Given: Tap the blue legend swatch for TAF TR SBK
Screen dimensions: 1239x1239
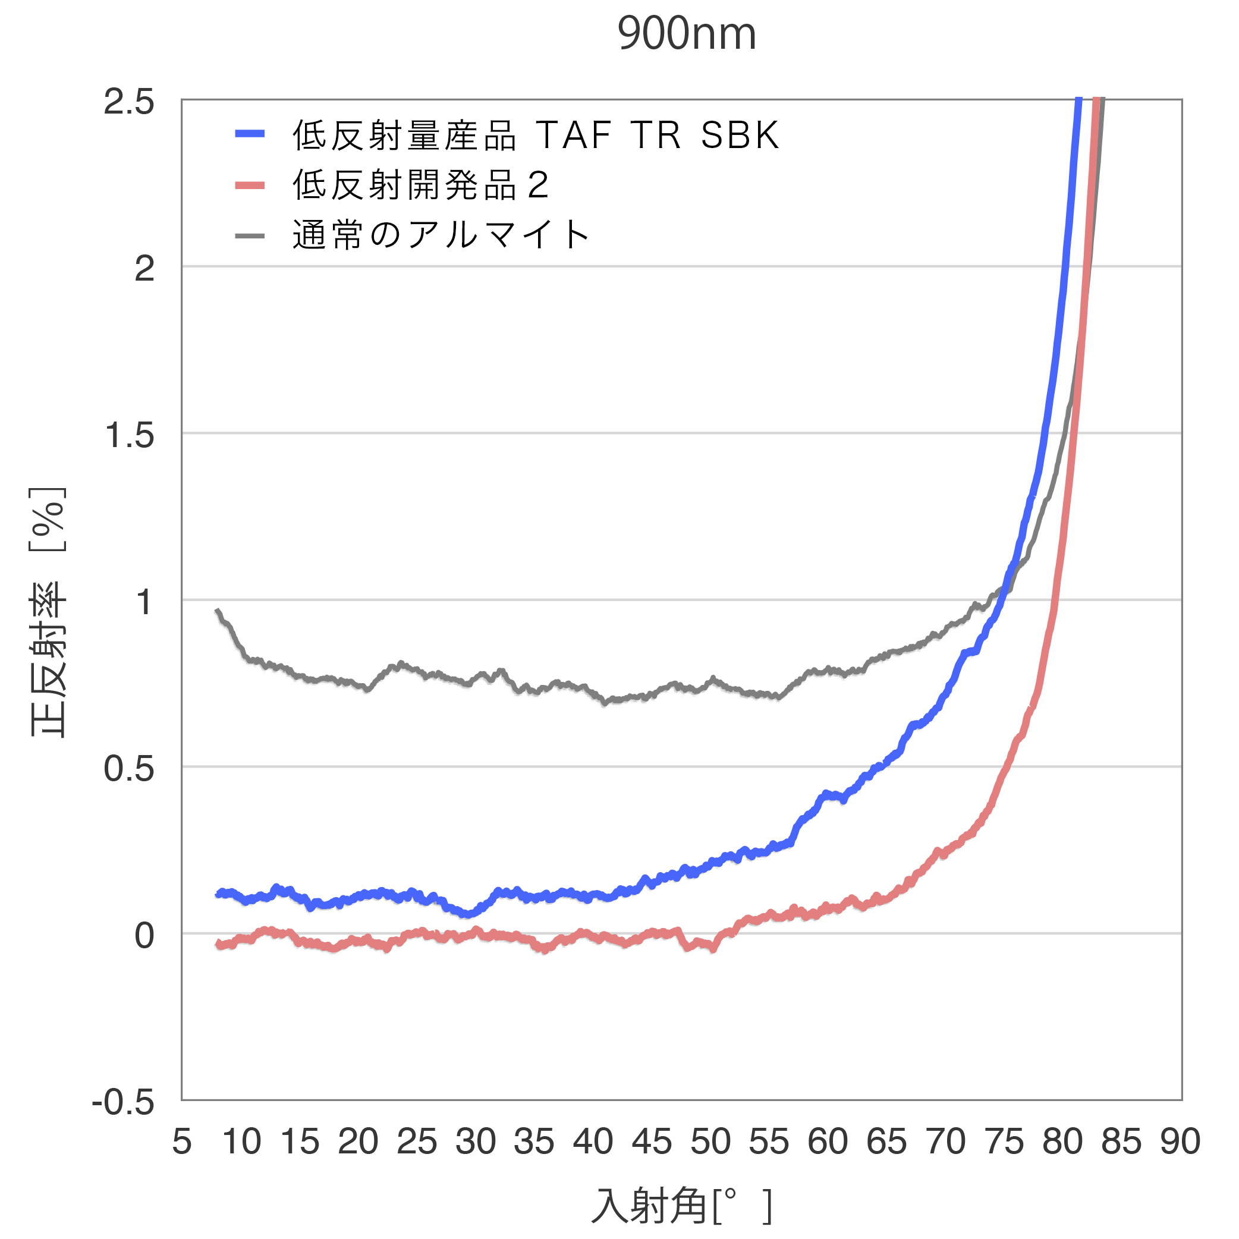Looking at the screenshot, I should (x=250, y=134).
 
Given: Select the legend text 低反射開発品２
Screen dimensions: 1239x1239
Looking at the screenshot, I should (x=421, y=185).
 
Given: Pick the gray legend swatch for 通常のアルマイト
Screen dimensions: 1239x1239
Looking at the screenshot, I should (x=250, y=236).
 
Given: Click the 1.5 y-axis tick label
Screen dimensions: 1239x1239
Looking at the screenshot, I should (x=129, y=435).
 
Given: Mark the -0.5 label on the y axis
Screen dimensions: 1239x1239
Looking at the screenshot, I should (x=123, y=1102).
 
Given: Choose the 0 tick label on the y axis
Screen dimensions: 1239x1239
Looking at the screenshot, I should (x=144, y=936).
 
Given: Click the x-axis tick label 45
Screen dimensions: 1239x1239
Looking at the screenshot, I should (x=652, y=1141).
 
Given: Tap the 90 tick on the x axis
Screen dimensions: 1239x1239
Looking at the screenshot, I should (x=1180, y=1141).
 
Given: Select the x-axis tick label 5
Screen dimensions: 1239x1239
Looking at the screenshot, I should (x=181, y=1141).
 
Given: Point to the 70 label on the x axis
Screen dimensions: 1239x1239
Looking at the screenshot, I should (x=945, y=1141).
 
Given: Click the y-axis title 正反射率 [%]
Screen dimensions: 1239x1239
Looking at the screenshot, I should (x=48, y=612).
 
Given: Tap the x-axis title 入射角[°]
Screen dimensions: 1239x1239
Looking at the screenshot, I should (x=681, y=1206).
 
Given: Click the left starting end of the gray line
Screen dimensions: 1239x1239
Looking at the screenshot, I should (x=218, y=611).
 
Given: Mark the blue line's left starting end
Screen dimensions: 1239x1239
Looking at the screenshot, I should (x=218, y=894).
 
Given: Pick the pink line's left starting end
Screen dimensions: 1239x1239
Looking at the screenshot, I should (x=218, y=944).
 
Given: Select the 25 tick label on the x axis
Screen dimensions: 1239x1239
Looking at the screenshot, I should (x=417, y=1141).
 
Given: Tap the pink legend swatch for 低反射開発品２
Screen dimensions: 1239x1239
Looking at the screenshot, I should (x=250, y=186).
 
